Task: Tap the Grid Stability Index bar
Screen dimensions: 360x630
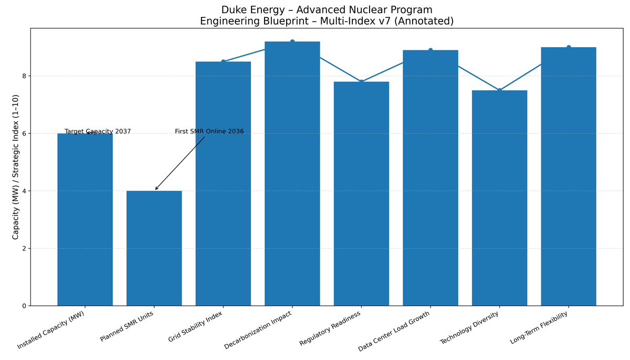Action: click(223, 184)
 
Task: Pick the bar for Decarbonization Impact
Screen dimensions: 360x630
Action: click(292, 173)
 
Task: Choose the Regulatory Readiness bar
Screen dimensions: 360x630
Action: click(361, 194)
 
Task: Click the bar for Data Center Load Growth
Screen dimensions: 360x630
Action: click(430, 178)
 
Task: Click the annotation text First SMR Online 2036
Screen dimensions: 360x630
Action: click(209, 132)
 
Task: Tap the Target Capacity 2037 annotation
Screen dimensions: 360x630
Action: click(98, 132)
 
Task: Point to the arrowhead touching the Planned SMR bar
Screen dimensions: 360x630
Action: click(156, 189)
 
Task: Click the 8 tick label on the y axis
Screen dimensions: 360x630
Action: click(24, 76)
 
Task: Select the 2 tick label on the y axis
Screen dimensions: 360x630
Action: click(24, 248)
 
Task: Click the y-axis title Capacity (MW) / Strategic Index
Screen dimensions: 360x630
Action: click(16, 167)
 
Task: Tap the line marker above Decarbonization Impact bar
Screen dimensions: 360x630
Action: click(292, 41)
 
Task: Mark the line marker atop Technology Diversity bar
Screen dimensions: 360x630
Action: click(499, 90)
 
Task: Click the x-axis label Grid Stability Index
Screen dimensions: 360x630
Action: click(196, 326)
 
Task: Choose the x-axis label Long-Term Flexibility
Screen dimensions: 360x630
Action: click(539, 327)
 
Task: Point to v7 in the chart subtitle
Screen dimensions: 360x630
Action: click(392, 22)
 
